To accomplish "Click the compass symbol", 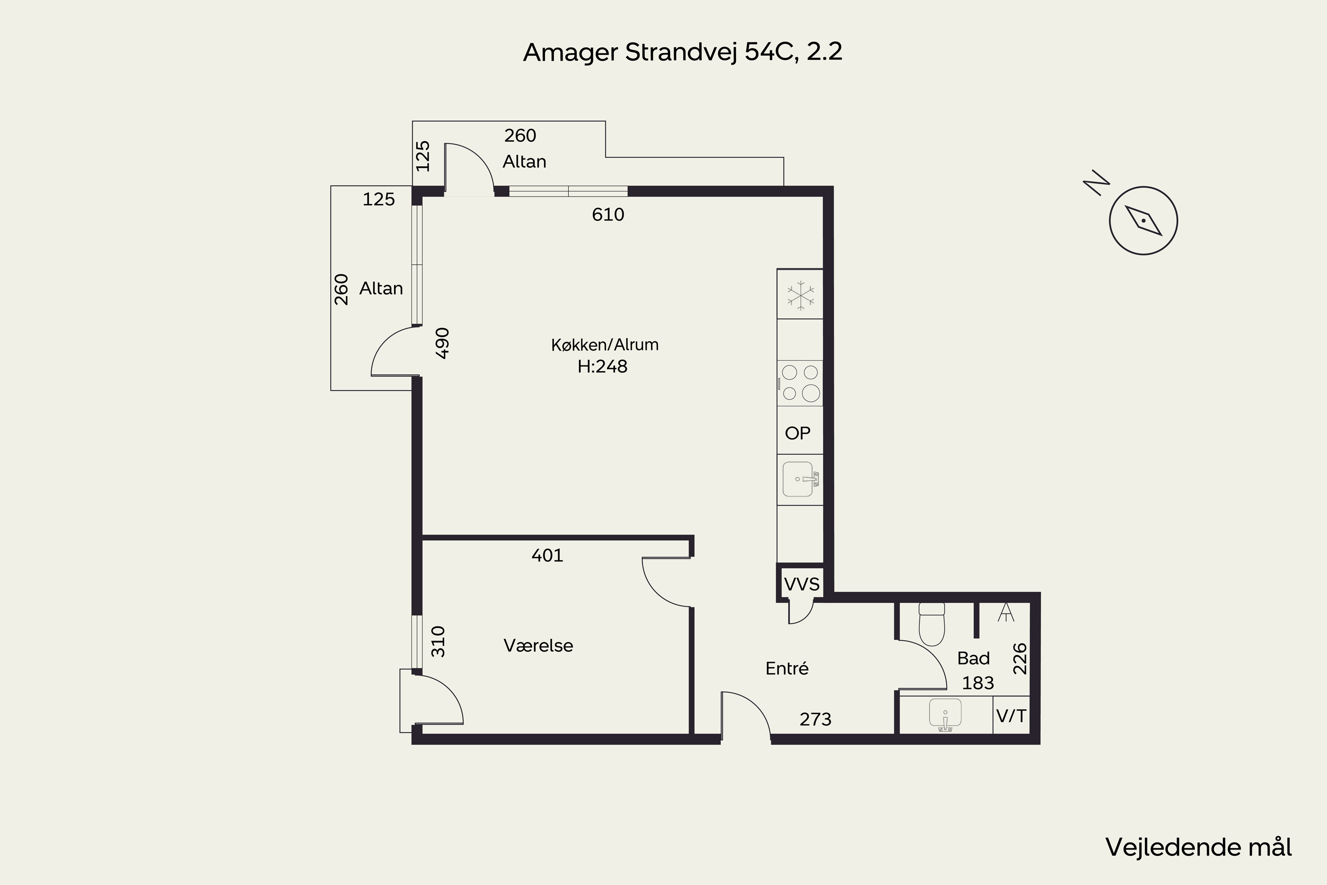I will pos(1143,220).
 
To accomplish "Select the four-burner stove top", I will pos(800,383).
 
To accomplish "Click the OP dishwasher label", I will pos(797,433).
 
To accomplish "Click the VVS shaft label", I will pos(802,584).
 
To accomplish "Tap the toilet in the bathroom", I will pos(932,624).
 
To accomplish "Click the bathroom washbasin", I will pos(945,715).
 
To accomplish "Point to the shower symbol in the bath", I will pos(1005,612).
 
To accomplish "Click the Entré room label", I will pos(786,669).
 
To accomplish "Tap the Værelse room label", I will pos(538,646).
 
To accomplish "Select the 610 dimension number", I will pos(608,215).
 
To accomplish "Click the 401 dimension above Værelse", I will pos(547,555).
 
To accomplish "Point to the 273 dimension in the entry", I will pos(815,719).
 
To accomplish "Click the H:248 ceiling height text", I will pos(602,367).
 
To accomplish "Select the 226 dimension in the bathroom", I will pos(1020,658).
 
